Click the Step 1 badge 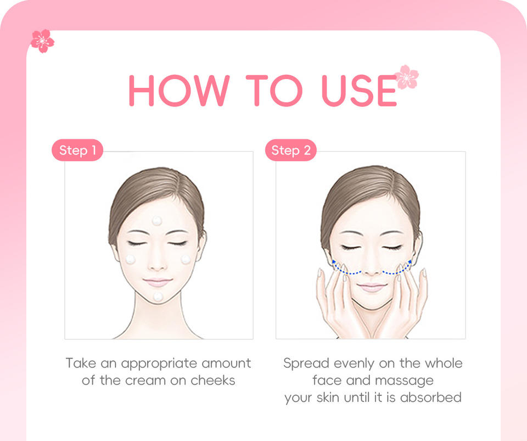click(77, 150)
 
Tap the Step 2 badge click(291, 150)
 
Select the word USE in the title click(359, 91)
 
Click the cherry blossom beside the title click(406, 77)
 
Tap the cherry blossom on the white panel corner click(42, 41)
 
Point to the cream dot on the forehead click(157, 221)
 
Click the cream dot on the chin click(158, 297)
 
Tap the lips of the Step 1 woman click(158, 282)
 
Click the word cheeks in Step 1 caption click(213, 381)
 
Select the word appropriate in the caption click(159, 364)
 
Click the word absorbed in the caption click(430, 397)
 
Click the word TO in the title click(274, 91)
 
